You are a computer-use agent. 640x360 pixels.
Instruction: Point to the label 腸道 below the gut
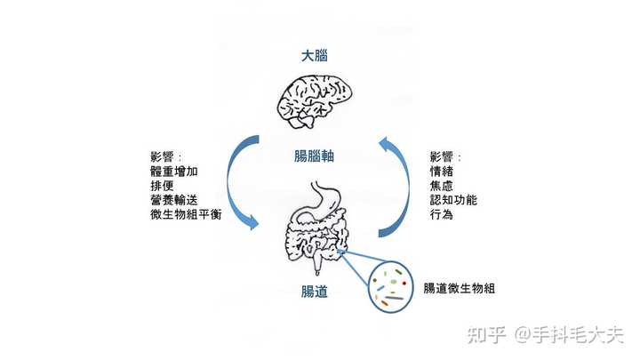tap(314, 291)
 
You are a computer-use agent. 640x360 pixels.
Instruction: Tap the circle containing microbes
tap(392, 287)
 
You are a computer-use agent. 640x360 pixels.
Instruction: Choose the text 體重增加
tap(175, 171)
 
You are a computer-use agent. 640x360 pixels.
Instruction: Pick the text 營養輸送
tap(175, 200)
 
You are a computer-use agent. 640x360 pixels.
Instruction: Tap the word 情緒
tap(441, 171)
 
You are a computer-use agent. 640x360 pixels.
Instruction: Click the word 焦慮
tap(441, 185)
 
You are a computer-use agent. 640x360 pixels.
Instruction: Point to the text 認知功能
tap(453, 200)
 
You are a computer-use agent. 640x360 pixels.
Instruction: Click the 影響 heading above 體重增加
tap(165, 156)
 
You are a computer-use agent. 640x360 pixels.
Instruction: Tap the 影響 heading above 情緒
tap(445, 156)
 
